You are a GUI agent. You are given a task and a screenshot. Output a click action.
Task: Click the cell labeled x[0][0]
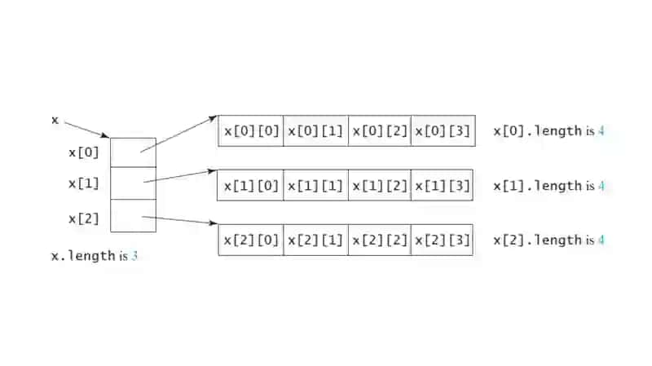(251, 131)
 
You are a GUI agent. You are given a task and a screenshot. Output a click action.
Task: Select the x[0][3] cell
(443, 131)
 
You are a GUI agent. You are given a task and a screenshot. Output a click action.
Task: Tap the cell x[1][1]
(315, 186)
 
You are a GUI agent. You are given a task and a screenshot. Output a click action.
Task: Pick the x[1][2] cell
(380, 186)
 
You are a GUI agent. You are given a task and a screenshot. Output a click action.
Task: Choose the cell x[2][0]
(251, 240)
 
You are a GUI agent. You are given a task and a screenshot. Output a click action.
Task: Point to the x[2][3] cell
(442, 240)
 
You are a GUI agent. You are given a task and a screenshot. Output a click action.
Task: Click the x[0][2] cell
(380, 131)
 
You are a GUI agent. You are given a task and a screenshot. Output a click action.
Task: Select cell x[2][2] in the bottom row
(380, 240)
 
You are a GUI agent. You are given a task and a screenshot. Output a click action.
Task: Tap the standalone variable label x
(55, 121)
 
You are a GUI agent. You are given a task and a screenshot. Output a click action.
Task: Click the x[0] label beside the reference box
(84, 152)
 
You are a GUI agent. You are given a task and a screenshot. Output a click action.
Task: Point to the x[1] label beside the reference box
(84, 183)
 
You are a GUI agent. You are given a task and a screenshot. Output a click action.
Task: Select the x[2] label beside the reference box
(84, 218)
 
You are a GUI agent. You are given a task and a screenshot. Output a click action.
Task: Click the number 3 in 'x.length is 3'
(134, 256)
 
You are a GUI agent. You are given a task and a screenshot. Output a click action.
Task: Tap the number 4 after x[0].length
(601, 131)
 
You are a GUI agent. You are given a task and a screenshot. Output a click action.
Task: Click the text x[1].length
(538, 186)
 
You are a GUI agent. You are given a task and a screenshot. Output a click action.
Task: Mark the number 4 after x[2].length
(601, 240)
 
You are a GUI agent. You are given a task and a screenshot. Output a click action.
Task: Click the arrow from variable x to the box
(86, 130)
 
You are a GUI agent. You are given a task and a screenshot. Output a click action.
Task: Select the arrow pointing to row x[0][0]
(178, 134)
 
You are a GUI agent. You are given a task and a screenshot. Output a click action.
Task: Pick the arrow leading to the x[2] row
(179, 220)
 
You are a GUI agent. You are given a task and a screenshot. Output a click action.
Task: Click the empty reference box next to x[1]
(134, 183)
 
